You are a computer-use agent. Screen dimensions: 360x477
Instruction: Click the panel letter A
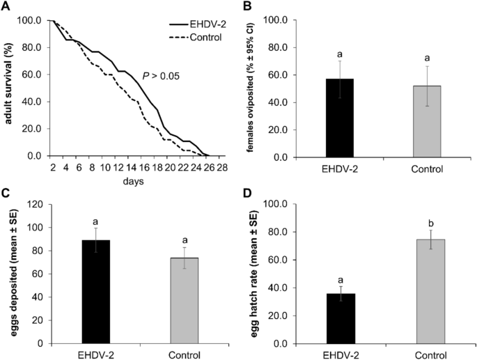(x=5, y=6)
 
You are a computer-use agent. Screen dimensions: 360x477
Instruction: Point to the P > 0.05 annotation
(x=161, y=75)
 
